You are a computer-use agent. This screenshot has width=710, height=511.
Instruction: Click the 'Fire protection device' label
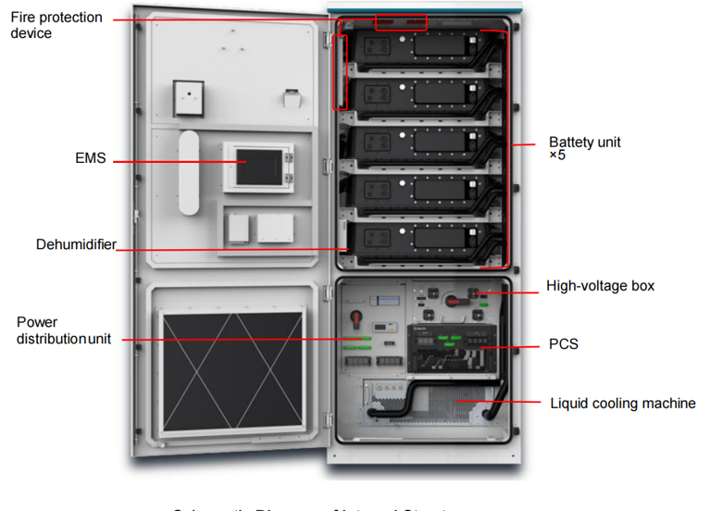click(x=56, y=25)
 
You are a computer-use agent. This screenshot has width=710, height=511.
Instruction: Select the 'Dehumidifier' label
click(x=76, y=244)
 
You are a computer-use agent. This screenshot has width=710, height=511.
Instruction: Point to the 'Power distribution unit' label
click(x=63, y=330)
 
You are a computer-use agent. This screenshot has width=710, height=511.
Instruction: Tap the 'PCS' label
click(x=563, y=344)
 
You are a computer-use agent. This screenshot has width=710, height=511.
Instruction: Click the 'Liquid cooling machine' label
click(x=622, y=403)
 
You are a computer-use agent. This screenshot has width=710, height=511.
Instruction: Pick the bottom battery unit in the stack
click(x=421, y=240)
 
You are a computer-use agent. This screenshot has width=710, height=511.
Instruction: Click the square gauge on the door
click(x=189, y=95)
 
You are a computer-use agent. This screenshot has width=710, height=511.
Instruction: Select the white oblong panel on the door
click(x=189, y=172)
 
